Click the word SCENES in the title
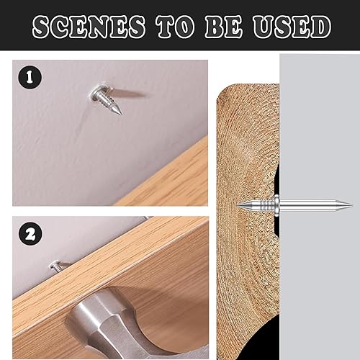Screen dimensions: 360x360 coord(89,27)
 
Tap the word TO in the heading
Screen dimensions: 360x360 coord(175,27)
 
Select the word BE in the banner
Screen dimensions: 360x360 coord(224,27)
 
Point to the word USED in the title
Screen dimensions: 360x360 coord(292,27)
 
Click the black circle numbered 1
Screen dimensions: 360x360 coord(30,77)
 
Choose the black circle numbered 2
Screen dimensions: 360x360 coord(30,233)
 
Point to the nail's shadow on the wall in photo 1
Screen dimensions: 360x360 coord(128,93)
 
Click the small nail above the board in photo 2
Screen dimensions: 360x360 coord(57,266)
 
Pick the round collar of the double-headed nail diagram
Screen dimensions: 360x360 coord(276,205)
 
